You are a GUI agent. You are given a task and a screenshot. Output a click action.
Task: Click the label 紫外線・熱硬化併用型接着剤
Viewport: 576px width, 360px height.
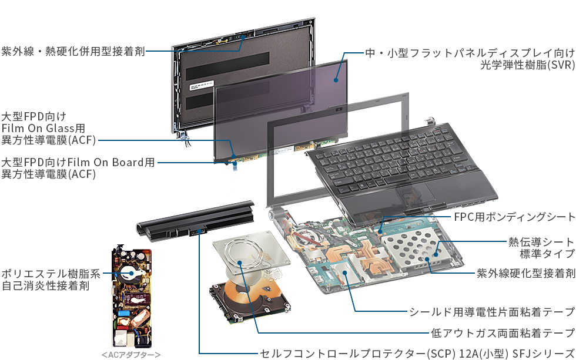tap(73, 51)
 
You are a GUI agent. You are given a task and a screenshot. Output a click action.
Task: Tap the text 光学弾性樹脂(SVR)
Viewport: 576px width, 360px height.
tap(528, 65)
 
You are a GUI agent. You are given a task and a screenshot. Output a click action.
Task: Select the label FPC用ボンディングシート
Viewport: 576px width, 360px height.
tap(515, 217)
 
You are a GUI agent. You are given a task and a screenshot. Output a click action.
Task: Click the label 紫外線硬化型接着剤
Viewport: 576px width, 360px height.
tap(526, 273)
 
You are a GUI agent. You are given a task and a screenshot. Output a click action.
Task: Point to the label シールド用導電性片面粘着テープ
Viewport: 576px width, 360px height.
tap(493, 312)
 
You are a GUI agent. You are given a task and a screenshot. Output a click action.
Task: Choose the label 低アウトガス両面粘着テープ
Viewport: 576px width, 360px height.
tap(503, 332)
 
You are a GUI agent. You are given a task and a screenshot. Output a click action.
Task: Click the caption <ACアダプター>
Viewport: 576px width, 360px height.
tap(131, 355)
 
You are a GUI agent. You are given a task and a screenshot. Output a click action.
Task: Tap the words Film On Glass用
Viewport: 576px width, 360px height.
tap(43, 129)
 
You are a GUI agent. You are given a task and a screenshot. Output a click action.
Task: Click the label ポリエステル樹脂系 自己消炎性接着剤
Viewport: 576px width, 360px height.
tap(51, 280)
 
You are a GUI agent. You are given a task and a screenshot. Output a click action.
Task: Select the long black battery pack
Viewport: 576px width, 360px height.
tap(195, 220)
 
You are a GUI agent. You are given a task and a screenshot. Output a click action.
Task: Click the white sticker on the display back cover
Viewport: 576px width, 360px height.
tap(202, 86)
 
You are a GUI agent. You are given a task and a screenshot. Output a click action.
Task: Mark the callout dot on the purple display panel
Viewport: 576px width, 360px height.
tap(336, 80)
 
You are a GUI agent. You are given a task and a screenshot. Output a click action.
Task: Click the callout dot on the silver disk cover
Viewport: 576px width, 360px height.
tap(240, 263)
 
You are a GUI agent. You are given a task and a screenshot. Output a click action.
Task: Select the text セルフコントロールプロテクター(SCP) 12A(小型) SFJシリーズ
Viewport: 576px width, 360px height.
tap(417, 354)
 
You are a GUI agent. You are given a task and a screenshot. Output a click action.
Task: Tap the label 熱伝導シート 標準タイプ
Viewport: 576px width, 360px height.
tap(541, 248)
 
